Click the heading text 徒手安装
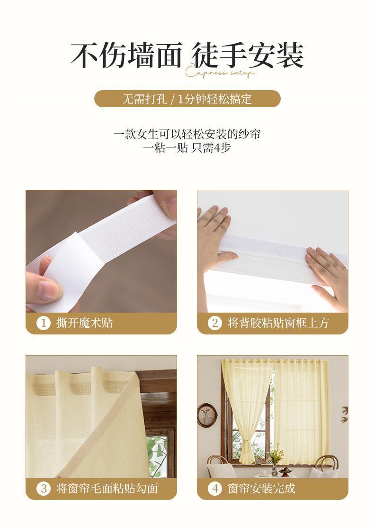click(x=248, y=56)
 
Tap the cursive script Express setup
click(x=220, y=73)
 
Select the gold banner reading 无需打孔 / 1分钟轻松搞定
click(x=187, y=99)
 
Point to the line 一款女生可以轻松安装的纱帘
click(x=187, y=134)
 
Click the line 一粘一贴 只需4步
click(x=187, y=148)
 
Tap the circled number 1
click(x=44, y=323)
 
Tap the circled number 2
click(x=215, y=323)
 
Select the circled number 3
click(x=44, y=488)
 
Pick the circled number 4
click(x=215, y=488)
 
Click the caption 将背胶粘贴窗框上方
click(x=278, y=323)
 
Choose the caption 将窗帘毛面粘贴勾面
click(x=107, y=488)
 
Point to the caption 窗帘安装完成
click(x=261, y=488)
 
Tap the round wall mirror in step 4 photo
click(x=207, y=415)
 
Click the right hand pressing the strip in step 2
click(x=327, y=270)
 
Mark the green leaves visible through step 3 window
click(x=156, y=453)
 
